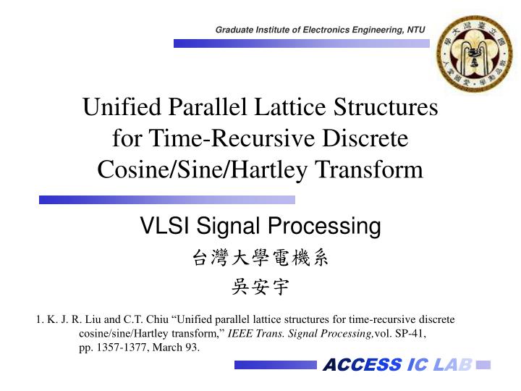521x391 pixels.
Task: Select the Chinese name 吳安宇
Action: pyautogui.click(x=260, y=287)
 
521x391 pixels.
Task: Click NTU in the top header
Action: pyautogui.click(x=416, y=30)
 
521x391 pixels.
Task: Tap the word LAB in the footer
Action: pyautogui.click(x=453, y=364)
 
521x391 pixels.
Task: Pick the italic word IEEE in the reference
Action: pyautogui.click(x=240, y=333)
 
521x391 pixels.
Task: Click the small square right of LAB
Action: pyautogui.click(x=484, y=364)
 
